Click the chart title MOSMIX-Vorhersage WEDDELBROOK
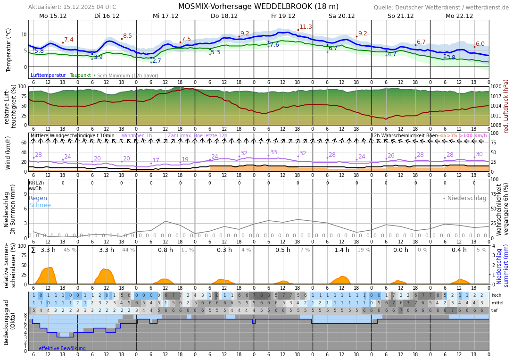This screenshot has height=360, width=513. pos(258,7)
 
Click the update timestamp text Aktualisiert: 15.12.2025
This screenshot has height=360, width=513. pos(72,7)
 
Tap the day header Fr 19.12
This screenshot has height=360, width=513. pos(283,16)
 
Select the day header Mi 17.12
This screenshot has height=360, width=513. pos(165,16)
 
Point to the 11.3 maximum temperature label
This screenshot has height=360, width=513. pos(306,27)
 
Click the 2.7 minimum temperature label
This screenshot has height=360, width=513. pos(157,61)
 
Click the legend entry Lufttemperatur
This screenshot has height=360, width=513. pos(48,75)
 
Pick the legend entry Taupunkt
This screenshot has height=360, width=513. pos(80,75)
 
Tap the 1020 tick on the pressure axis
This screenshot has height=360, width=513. pos(496,87)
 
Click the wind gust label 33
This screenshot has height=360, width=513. pos(273,152)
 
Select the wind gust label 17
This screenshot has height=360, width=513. pos(156,160)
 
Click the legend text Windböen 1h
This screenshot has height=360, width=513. pos(137,136)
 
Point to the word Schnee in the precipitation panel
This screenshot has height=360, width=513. pos(40,205)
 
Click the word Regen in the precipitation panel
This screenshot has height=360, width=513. pos(38,198)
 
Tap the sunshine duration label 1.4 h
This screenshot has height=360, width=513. pos(342,250)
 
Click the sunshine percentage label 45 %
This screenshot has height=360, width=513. pos(70,250)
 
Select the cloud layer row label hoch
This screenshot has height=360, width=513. pos(496,295)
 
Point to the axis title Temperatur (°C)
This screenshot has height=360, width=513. pos(8,50)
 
